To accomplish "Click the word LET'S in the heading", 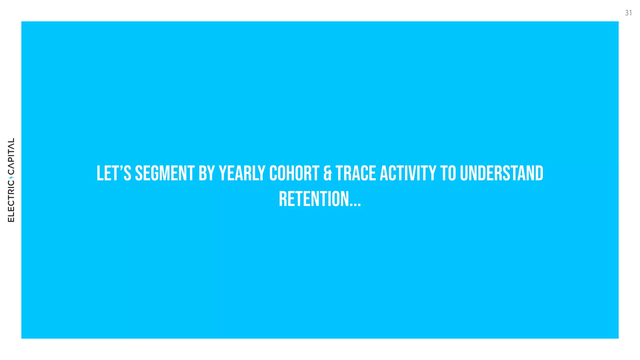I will [114, 173].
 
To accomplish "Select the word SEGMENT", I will [165, 173].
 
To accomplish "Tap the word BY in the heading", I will [206, 173].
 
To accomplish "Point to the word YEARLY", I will [242, 173].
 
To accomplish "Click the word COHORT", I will [294, 173].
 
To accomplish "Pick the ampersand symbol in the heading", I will [327, 174].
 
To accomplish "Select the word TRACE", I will [356, 173].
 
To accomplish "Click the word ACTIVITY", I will [408, 173].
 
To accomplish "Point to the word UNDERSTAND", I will [502, 173].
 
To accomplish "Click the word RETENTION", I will [314, 199].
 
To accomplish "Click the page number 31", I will [628, 13].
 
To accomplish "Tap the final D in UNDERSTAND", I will [539, 173].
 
